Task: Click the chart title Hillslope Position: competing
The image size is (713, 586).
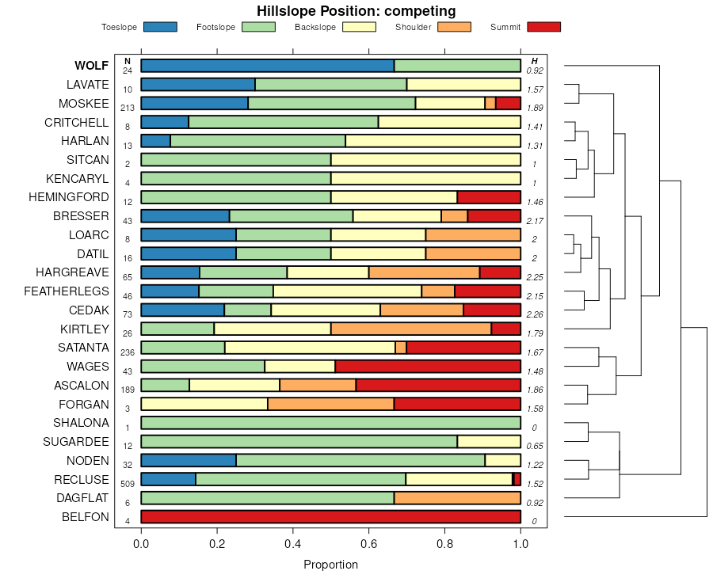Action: (x=356, y=11)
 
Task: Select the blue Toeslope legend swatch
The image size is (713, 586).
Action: (x=160, y=27)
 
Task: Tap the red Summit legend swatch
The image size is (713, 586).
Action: (x=543, y=27)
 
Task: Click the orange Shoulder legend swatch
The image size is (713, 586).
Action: (x=454, y=27)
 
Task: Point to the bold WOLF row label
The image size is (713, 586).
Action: (x=92, y=66)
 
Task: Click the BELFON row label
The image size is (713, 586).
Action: (x=86, y=517)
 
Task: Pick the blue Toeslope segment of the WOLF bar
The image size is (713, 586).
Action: (x=268, y=66)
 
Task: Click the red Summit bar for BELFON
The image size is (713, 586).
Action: (x=331, y=517)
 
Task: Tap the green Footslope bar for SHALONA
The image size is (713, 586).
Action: (x=331, y=423)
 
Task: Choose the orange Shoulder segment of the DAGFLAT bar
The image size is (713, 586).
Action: (x=457, y=498)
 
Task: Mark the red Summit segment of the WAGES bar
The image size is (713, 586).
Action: (x=428, y=367)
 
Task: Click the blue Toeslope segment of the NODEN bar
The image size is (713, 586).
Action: (x=189, y=460)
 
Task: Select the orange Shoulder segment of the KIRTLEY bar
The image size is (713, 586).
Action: (x=411, y=329)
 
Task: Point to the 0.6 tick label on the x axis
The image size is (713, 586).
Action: (x=369, y=544)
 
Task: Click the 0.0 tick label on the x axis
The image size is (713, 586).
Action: (x=141, y=544)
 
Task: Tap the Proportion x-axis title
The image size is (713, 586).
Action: (x=331, y=565)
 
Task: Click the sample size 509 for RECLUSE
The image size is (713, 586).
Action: (x=127, y=483)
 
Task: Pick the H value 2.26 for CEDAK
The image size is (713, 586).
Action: (x=535, y=314)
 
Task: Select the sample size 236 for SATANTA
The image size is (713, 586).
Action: (x=127, y=352)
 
